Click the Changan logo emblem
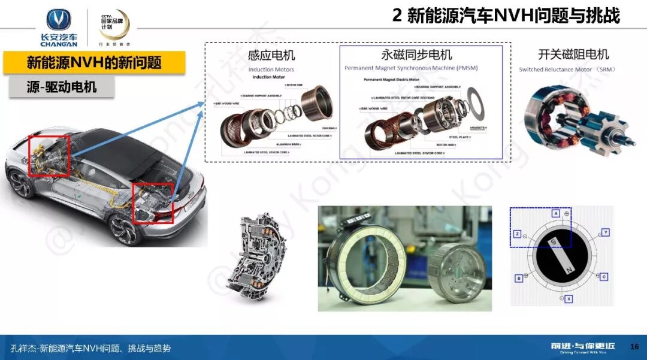[58, 21]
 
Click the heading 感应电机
[271, 55]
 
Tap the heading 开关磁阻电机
[573, 55]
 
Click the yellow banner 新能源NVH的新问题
[94, 63]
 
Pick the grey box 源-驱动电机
[53, 87]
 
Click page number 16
[634, 347]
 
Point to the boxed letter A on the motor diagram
[556, 214]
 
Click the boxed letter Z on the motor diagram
[517, 234]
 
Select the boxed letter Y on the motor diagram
[606, 232]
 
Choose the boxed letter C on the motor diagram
[604, 276]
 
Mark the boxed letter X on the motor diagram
[569, 298]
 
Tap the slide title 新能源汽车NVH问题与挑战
[506, 15]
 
